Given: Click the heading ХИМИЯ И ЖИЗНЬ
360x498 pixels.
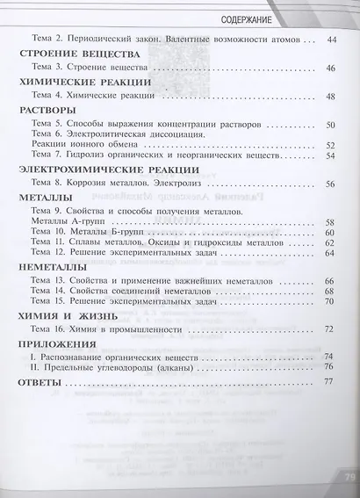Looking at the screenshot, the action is point(61,314).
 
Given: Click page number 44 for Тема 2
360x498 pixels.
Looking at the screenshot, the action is point(331,39).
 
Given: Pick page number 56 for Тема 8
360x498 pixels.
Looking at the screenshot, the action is point(331,184).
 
